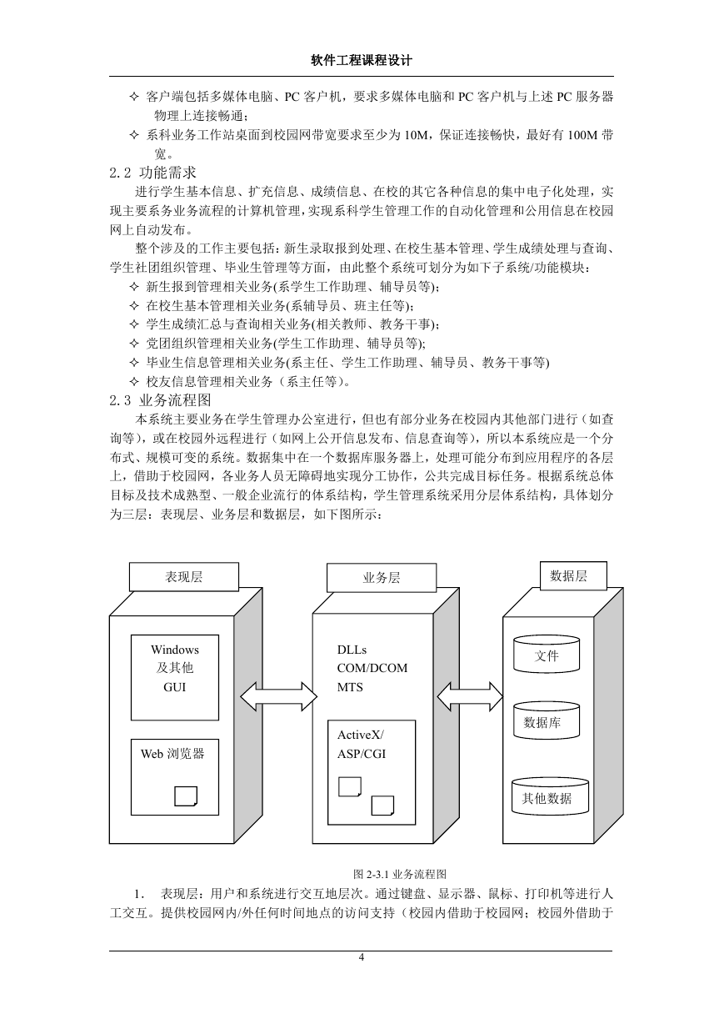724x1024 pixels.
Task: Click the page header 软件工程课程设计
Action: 362,60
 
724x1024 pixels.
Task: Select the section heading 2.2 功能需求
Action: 153,173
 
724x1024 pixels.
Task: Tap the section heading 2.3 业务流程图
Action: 160,400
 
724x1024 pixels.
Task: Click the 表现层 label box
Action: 183,577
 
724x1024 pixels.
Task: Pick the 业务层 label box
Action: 382,578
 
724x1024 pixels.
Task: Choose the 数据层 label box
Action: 569,575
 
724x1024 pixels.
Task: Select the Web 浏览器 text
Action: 172,754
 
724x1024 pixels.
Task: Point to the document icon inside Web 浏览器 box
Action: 186,796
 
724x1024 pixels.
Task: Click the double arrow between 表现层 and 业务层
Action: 278,696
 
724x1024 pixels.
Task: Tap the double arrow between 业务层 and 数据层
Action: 470,696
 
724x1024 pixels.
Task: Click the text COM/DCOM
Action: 372,668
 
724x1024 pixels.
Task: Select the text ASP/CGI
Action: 362,754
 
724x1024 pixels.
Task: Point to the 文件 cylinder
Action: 547,654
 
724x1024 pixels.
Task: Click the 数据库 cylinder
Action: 547,720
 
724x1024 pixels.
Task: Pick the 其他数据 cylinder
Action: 550,796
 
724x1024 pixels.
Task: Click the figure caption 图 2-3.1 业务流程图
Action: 400,874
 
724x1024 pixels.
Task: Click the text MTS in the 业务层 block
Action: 350,687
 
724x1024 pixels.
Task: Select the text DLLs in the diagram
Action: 352,650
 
